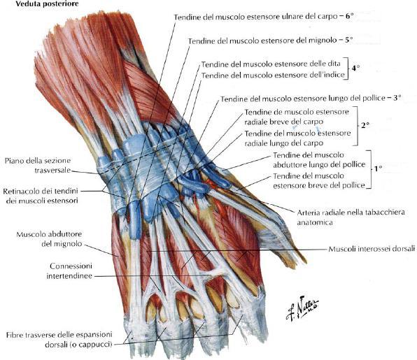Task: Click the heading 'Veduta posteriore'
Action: (x=47, y=4)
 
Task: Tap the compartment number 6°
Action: (x=349, y=16)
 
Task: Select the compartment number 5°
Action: (x=348, y=40)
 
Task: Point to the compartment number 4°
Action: (x=355, y=69)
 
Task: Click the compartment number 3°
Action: (x=397, y=98)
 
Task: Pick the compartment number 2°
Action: (x=365, y=125)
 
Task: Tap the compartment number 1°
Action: (x=379, y=168)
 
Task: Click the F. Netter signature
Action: (x=302, y=308)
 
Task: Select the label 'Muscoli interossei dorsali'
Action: (x=372, y=249)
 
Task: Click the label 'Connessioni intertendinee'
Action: (x=69, y=271)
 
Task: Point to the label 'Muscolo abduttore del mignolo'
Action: (x=49, y=239)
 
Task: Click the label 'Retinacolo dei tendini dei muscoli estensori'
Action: (x=41, y=196)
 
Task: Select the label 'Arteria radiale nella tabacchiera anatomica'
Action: (x=351, y=217)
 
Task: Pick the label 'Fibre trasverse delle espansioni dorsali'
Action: (x=59, y=339)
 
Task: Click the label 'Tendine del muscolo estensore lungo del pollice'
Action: (x=303, y=99)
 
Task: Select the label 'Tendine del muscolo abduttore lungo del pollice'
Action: (x=319, y=159)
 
